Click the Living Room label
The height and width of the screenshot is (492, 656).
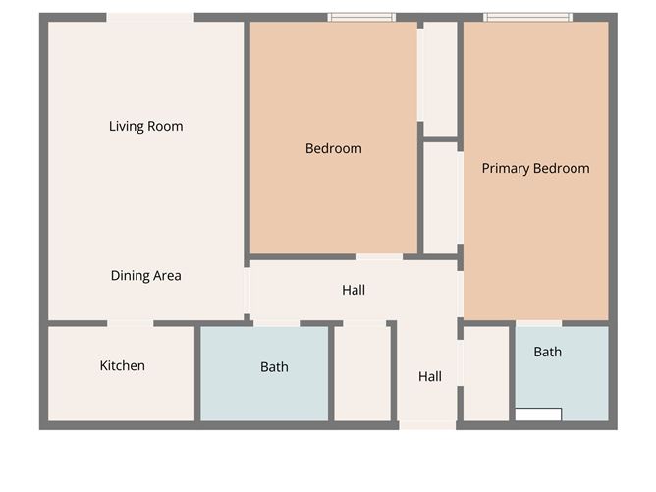point(145,126)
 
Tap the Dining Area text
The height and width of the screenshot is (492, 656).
point(145,276)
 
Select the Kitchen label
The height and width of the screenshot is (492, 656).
point(122,366)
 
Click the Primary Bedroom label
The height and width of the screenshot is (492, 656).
point(535,168)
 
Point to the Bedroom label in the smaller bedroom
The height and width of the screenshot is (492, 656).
point(333,149)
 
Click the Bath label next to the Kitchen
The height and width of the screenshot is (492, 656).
point(274,367)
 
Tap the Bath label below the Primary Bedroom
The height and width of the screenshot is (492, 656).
point(547,352)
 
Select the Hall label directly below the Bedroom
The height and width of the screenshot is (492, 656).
point(354,290)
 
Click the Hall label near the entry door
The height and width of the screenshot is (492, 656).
point(429,376)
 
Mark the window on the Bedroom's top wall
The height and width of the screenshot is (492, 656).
point(360,17)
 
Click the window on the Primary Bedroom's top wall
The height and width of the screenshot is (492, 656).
point(527,17)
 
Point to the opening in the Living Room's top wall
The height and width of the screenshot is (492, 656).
point(149,17)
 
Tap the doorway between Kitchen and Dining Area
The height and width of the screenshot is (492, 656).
point(130,322)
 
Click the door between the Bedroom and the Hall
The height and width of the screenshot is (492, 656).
point(379,257)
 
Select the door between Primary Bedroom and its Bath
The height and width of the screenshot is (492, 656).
point(538,322)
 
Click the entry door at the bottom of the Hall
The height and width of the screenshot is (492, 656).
point(427,425)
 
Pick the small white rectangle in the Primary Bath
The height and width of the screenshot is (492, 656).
point(537,414)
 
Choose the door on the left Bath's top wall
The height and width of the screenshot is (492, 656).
point(276,322)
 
